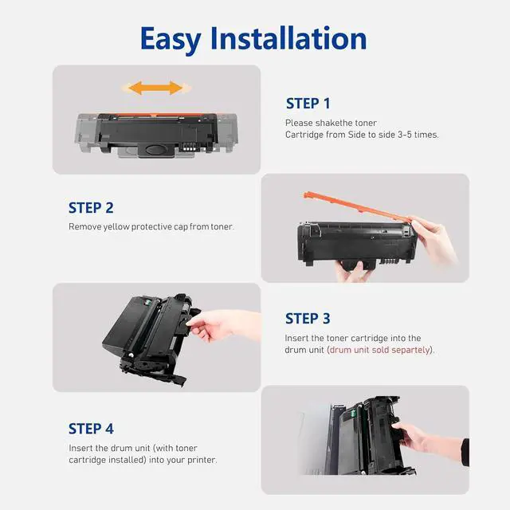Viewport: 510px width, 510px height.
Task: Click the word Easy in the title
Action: point(170,39)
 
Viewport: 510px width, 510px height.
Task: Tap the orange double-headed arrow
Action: point(156,88)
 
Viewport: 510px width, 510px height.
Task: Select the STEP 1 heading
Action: point(308,104)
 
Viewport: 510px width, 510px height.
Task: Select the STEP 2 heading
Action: point(91,208)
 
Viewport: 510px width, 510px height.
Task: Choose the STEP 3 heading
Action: point(308,319)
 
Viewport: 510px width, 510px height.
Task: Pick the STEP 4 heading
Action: point(91,429)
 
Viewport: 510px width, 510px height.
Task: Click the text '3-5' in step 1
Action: point(405,135)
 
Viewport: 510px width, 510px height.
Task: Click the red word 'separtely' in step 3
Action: point(411,350)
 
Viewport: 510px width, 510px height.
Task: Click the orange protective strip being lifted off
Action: point(355,206)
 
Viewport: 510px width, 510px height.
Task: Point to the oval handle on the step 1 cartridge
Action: point(156,150)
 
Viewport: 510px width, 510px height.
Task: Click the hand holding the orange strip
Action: point(433,237)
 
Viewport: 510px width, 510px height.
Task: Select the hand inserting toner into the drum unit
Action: point(225,325)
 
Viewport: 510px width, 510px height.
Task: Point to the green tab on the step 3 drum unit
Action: point(147,303)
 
